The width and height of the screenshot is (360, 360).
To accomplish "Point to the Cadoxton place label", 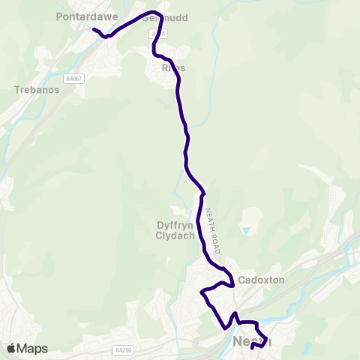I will click(x=259, y=280).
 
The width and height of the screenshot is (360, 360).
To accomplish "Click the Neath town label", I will click(x=252, y=341).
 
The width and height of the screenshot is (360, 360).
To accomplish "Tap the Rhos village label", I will click(x=173, y=67).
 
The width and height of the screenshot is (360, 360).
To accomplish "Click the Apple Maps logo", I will click(x=27, y=348).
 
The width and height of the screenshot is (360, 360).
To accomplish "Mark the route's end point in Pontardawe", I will click(x=94, y=29).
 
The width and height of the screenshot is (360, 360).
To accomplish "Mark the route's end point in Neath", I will click(x=252, y=346).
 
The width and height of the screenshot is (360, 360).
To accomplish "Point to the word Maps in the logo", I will click(x=32, y=348).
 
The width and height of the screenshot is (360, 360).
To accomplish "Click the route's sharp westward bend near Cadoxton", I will click(x=202, y=291).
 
